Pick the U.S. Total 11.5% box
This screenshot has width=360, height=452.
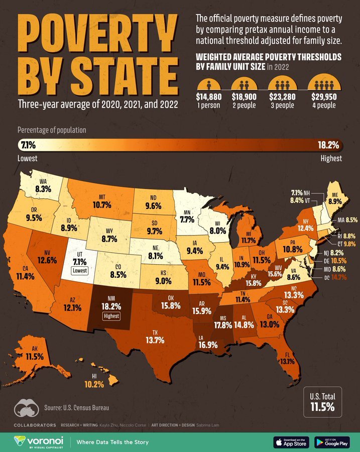pyautogui.click(x=321, y=402)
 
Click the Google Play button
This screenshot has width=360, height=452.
pyautogui.click(x=332, y=442)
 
